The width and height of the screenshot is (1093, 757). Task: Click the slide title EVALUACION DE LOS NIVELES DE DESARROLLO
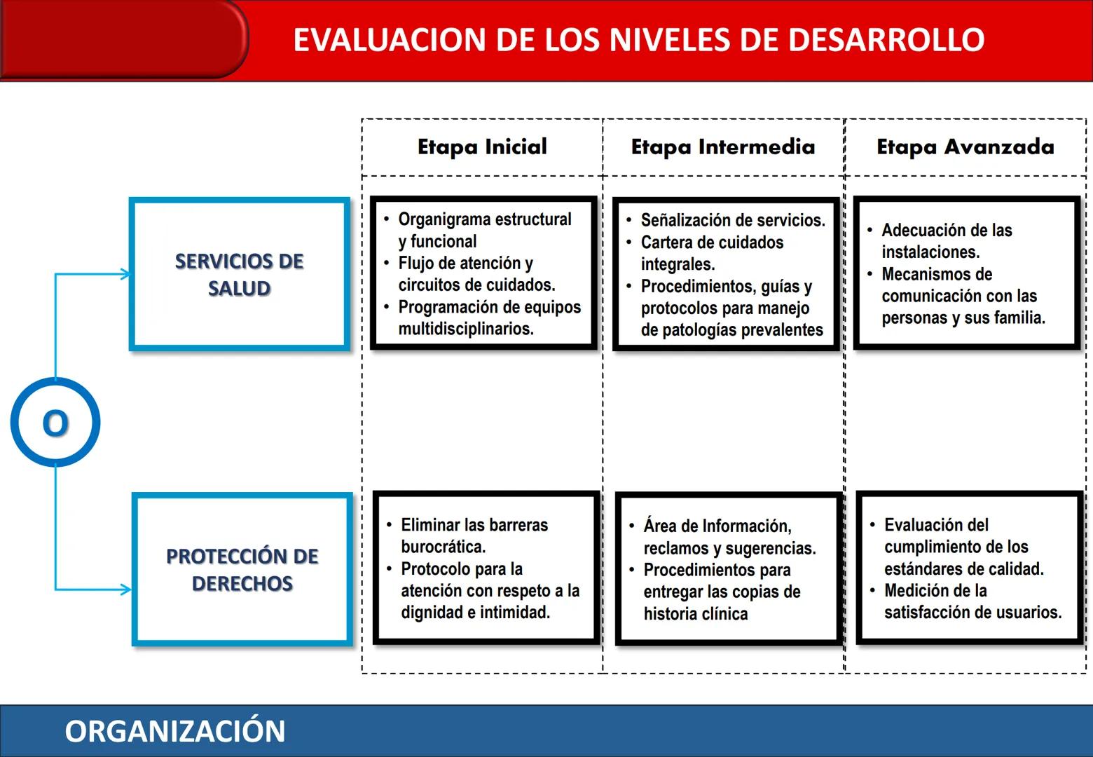point(638,40)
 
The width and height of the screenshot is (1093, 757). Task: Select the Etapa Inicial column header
point(482,147)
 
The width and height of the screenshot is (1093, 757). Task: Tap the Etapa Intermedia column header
point(723,147)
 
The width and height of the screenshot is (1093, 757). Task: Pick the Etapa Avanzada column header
point(965,147)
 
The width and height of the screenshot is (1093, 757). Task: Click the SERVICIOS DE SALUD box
point(240,274)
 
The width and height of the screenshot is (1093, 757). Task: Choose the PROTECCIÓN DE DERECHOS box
point(242,569)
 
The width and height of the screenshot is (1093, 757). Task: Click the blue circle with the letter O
point(55,423)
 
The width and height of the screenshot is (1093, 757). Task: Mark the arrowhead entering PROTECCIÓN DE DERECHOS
point(127,589)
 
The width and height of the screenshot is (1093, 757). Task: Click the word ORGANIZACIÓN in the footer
point(175,731)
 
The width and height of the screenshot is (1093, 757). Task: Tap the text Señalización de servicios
point(733,220)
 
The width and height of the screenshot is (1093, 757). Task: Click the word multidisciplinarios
point(466,329)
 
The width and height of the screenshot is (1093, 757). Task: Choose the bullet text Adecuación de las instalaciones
point(946,240)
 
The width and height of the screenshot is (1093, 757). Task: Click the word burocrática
point(443,547)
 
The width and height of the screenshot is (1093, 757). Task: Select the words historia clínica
point(696,614)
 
